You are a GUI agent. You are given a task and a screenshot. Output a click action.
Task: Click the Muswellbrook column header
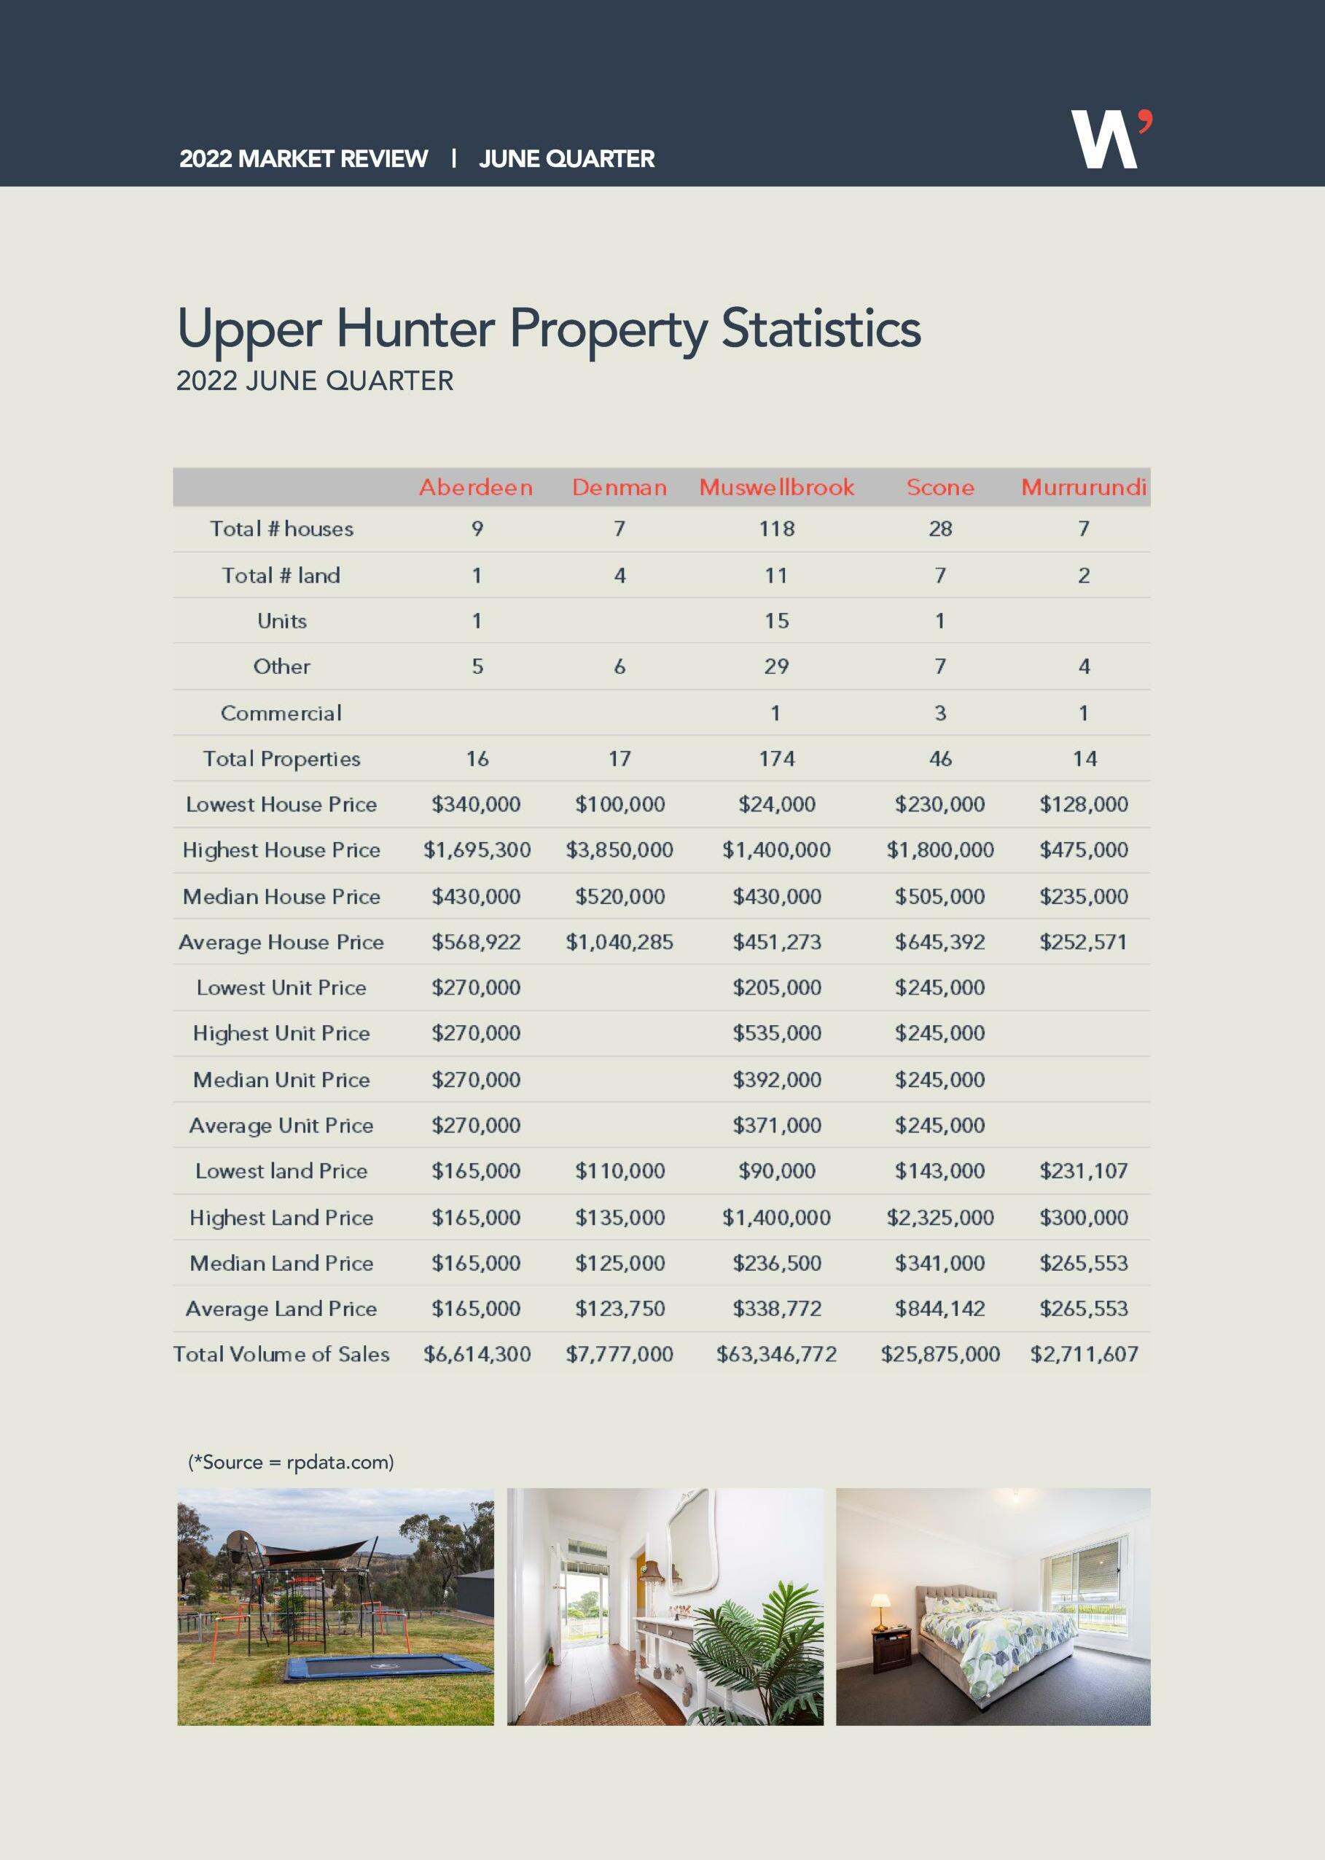coord(776,487)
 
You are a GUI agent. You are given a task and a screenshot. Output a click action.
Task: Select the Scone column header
coord(940,487)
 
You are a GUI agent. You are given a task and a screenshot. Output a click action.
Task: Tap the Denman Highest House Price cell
coord(619,849)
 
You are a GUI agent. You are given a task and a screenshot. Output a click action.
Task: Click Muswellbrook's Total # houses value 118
coord(776,529)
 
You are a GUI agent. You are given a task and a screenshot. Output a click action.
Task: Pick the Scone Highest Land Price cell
coord(940,1218)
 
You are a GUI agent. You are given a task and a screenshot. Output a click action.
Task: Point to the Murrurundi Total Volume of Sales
coord(1084,1355)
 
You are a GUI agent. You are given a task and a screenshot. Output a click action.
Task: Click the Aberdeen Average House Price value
coord(476,942)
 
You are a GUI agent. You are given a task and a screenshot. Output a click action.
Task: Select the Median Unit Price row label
coord(281,1080)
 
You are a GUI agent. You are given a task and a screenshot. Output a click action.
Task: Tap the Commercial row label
coord(281,713)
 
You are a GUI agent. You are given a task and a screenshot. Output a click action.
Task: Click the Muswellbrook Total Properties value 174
coord(776,759)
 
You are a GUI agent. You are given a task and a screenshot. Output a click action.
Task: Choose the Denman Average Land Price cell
coord(619,1309)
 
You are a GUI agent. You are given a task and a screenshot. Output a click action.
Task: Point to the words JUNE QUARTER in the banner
coord(566,158)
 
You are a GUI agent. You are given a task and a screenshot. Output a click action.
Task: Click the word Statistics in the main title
coord(821,329)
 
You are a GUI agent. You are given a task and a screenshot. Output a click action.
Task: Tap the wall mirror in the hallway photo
coord(692,1538)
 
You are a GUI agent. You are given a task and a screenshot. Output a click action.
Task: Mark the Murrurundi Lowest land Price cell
coord(1084,1171)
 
